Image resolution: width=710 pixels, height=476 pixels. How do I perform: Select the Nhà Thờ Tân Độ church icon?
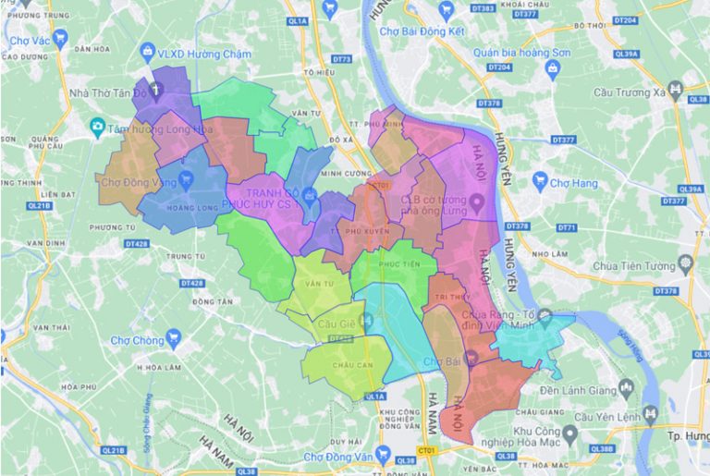[x=156, y=92]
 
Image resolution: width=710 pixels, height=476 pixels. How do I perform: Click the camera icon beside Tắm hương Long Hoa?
[x=97, y=127]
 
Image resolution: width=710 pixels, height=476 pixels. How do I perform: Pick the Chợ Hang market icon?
[x=542, y=184]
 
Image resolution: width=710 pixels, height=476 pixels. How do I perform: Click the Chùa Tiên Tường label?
[x=637, y=267]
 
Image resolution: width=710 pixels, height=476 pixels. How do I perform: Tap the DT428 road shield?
[x=137, y=243]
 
